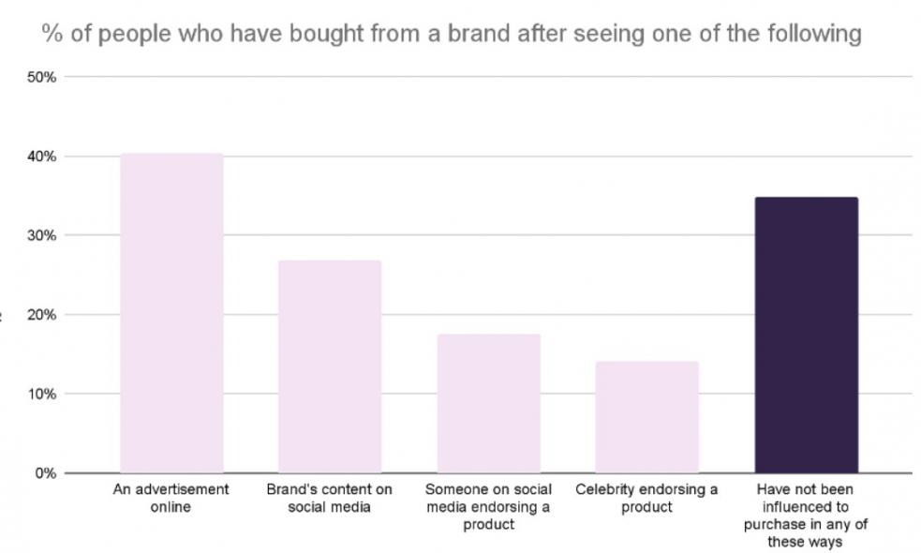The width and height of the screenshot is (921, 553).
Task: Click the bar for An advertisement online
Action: point(171,313)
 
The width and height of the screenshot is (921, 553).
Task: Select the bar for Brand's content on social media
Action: point(330,366)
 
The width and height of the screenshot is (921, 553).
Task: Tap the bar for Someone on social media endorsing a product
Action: point(489,404)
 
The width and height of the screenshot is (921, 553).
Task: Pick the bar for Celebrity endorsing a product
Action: point(646,417)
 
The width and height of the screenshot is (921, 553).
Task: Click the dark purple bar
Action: point(806,335)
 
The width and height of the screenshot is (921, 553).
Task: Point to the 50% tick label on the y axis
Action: point(41,77)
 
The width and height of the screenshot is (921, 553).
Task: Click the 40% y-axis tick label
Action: point(41,157)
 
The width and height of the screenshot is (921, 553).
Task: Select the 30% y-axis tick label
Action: point(41,235)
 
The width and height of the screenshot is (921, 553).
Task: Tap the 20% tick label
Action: point(41,315)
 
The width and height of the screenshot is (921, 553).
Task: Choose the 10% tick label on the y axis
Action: point(41,394)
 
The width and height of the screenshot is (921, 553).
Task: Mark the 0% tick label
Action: point(45,473)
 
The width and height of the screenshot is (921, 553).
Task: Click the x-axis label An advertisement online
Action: point(171,498)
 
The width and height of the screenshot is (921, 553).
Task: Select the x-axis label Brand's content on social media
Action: point(329,498)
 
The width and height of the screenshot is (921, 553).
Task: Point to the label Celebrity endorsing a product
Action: point(646,498)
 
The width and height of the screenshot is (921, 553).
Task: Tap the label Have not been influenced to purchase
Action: point(805,516)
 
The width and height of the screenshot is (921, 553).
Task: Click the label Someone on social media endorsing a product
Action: point(489,506)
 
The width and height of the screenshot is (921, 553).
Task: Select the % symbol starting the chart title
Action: point(52,34)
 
